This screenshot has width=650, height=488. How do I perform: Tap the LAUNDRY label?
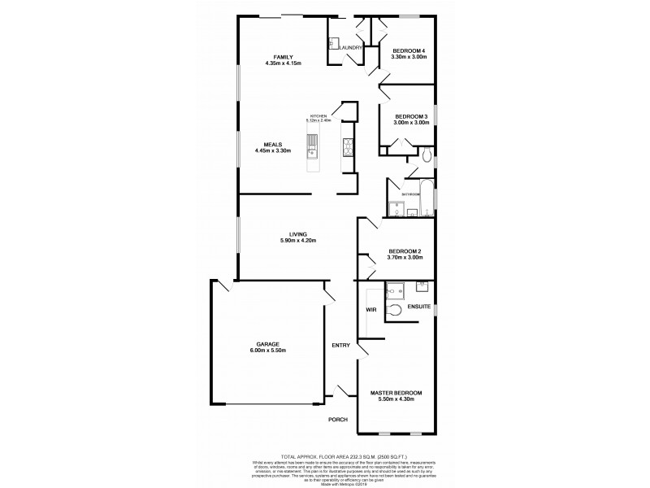pyautogui.click(x=350, y=48)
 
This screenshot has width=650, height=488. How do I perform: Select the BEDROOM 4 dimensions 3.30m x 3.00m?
pyautogui.click(x=409, y=57)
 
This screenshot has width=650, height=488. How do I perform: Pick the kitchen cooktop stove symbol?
pyautogui.click(x=347, y=147)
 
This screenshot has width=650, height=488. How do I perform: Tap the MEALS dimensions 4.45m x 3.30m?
pyautogui.click(x=272, y=150)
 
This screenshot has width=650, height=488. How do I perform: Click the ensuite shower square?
pyautogui.click(x=396, y=290)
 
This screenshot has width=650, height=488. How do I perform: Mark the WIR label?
pyautogui.click(x=370, y=311)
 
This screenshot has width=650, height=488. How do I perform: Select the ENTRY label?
pyautogui.click(x=340, y=346)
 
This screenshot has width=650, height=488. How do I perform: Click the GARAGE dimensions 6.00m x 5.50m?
pyautogui.click(x=266, y=351)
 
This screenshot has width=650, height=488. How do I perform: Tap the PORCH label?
pyautogui.click(x=338, y=420)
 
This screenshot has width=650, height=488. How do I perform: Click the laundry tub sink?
pyautogui.click(x=333, y=43)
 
